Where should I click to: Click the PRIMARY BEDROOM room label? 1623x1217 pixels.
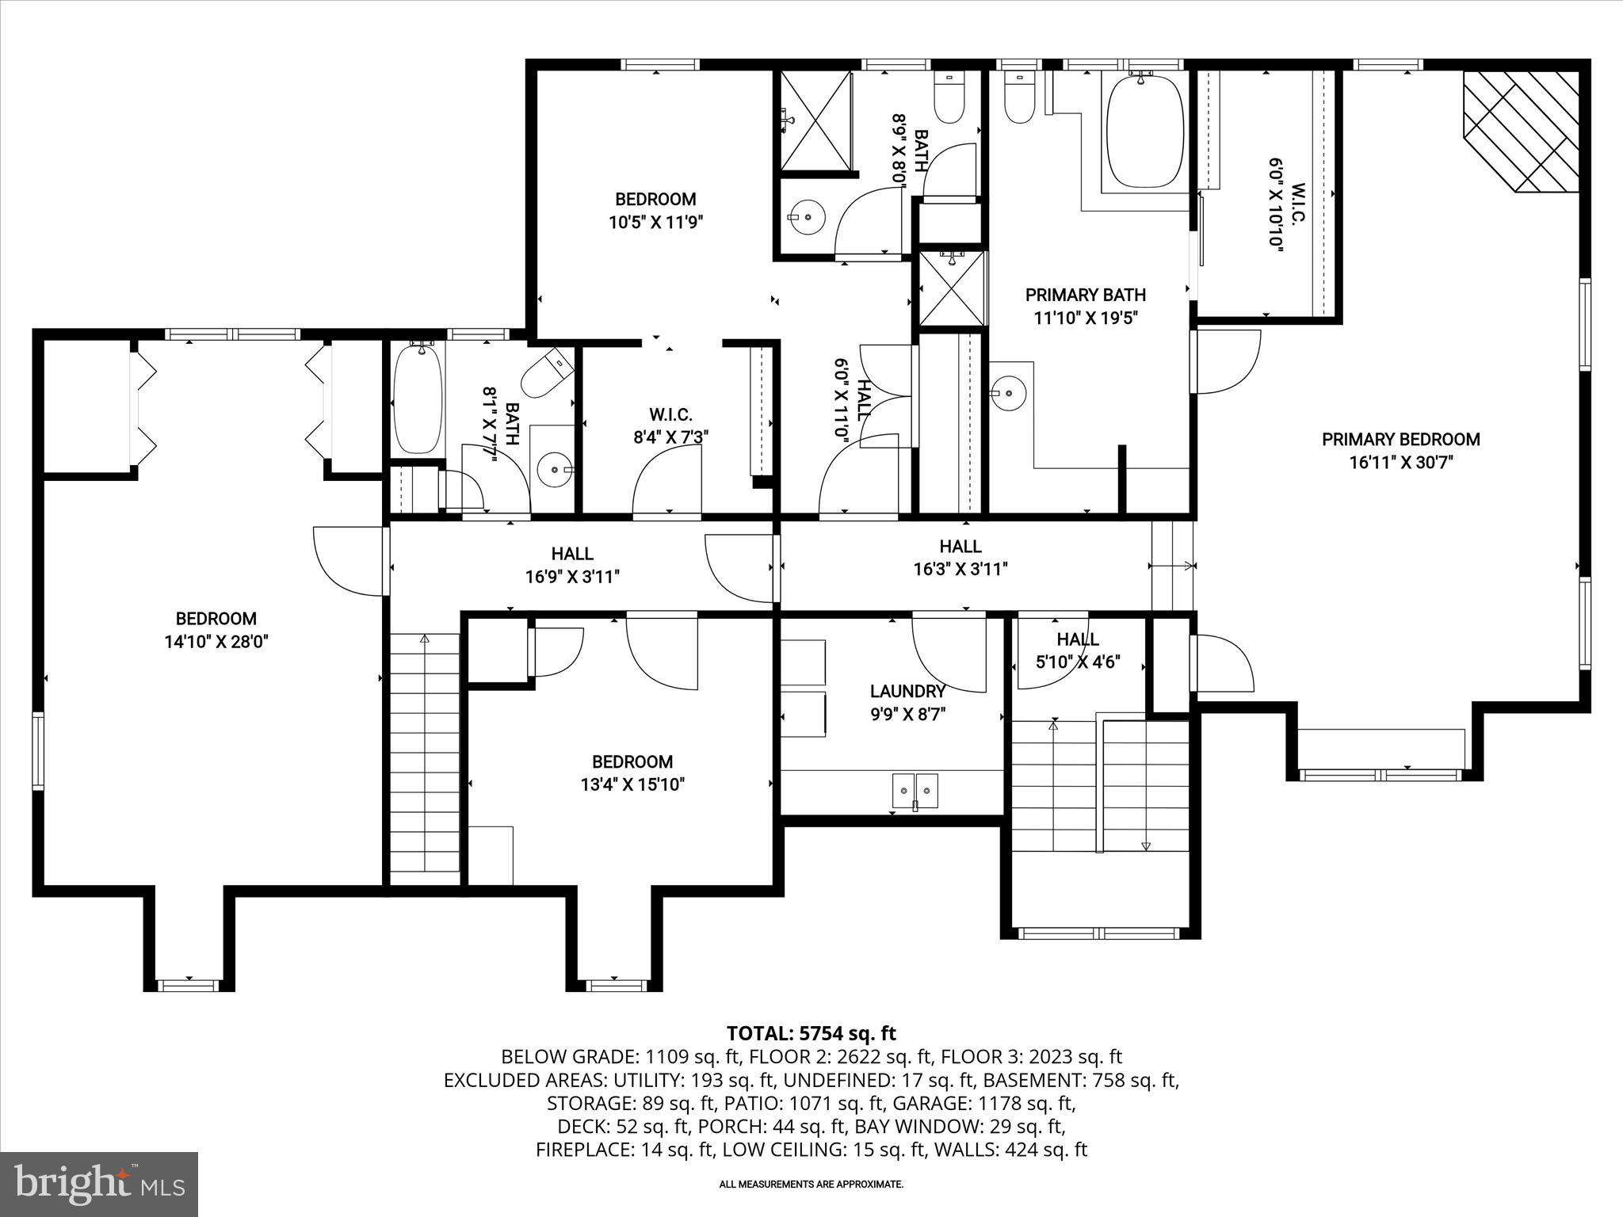point(1400,439)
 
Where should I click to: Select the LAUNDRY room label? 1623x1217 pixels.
point(907,691)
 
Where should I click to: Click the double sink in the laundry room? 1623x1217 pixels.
point(915,790)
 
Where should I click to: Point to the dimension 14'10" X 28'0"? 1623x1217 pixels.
point(216,642)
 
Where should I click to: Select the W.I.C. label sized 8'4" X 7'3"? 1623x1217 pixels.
point(670,414)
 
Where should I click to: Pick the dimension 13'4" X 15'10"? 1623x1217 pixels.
point(632,784)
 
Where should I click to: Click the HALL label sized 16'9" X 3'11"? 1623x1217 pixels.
point(572,554)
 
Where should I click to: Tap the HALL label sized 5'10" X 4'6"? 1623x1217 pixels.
point(1077,639)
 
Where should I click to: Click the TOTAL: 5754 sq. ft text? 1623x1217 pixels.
point(811,1033)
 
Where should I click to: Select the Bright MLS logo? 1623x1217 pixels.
point(99,1184)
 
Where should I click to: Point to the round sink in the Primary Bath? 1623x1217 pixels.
point(1008,391)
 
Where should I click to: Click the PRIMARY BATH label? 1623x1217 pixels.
point(1085,296)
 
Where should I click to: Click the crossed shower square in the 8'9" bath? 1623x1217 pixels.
point(816,120)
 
